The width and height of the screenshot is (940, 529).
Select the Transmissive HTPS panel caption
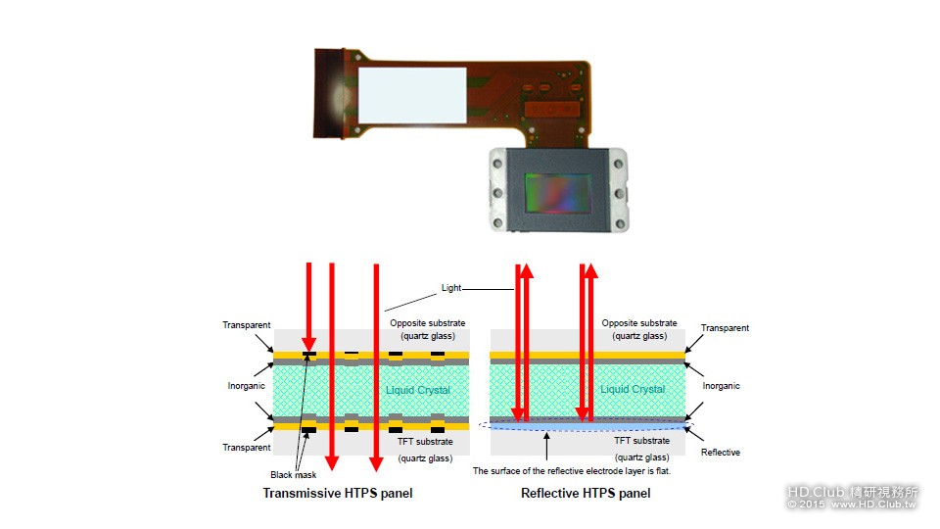[x=338, y=493]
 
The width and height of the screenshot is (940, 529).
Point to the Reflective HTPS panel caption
[x=586, y=493]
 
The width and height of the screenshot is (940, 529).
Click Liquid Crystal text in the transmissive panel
[x=418, y=390]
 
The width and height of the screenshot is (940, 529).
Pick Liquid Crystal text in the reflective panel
[x=634, y=389]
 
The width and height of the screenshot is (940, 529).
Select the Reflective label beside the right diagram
[x=721, y=453]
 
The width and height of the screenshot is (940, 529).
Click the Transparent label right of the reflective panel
[x=726, y=328]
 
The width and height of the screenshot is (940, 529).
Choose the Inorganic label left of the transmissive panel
[x=247, y=386]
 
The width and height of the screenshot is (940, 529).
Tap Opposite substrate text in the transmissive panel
[x=427, y=323]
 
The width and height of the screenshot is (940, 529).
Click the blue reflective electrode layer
[x=587, y=427]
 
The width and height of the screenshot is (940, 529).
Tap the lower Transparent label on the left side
[x=247, y=448]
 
